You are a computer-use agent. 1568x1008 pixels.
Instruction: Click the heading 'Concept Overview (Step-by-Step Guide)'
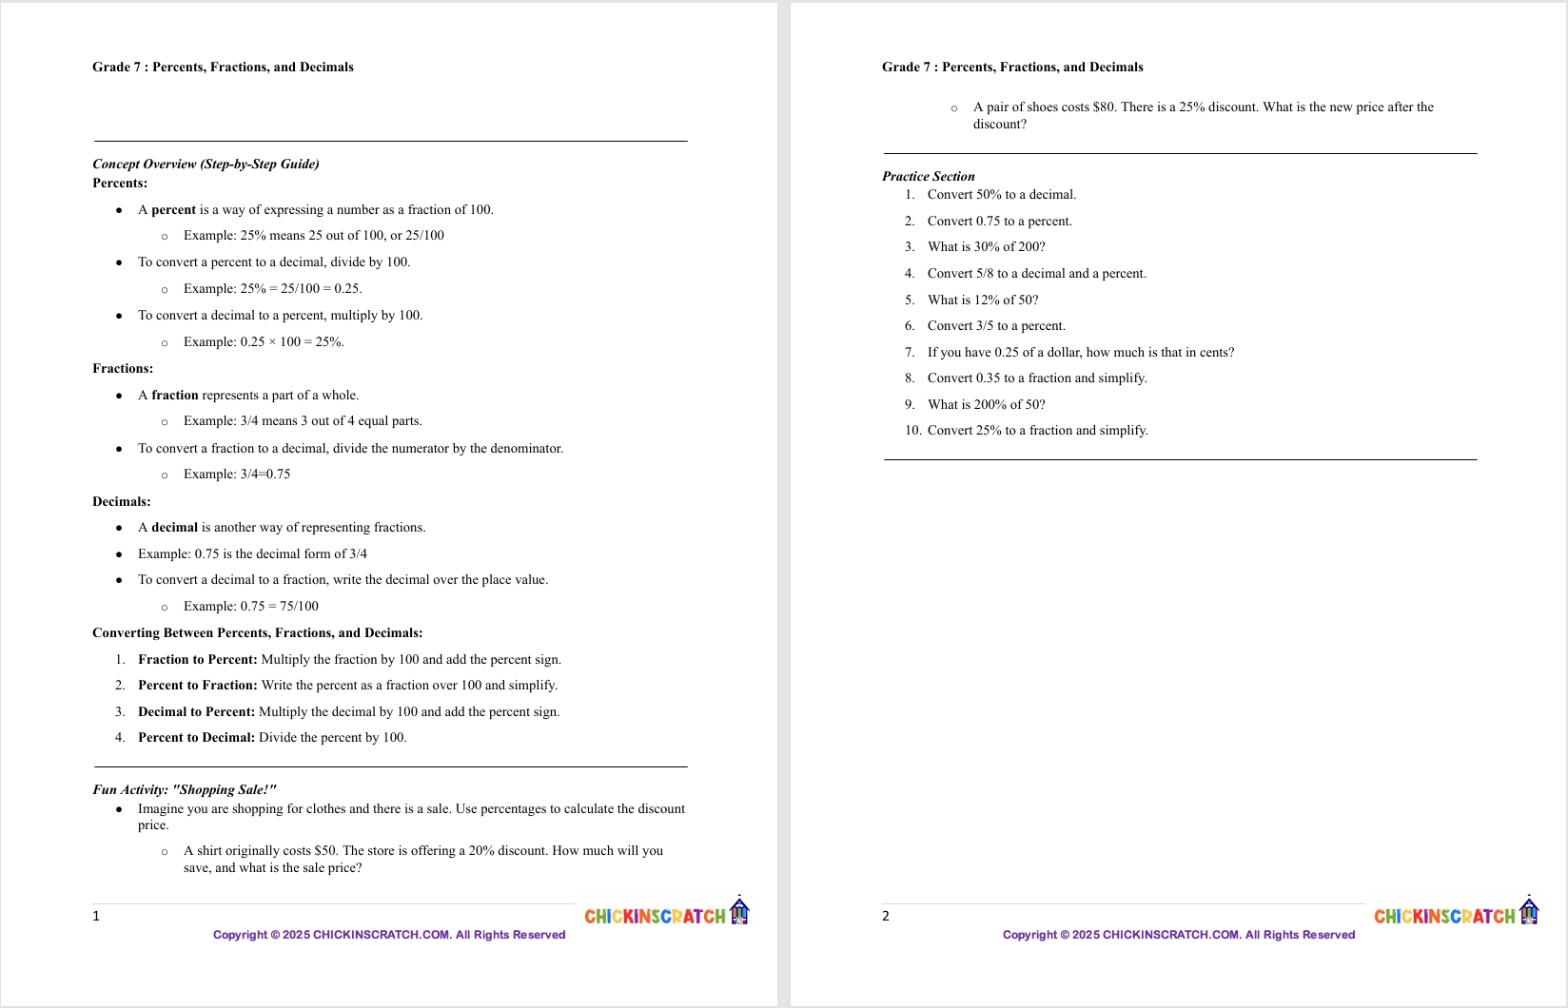click(206, 165)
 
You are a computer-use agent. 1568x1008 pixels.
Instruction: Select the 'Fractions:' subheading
click(123, 369)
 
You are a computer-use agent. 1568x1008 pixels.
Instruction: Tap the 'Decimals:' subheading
click(122, 502)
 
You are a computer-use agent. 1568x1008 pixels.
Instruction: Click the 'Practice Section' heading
click(928, 177)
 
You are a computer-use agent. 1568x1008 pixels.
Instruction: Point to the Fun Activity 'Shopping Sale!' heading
click(185, 790)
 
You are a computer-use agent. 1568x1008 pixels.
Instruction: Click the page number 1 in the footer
click(96, 917)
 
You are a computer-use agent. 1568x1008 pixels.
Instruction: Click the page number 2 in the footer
click(886, 917)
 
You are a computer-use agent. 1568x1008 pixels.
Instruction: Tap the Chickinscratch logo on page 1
click(666, 914)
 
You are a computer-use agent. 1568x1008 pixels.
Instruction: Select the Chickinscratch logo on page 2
click(1456, 914)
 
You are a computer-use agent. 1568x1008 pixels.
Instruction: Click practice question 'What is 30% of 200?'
click(986, 247)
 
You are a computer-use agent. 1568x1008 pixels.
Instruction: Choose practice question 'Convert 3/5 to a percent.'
click(996, 326)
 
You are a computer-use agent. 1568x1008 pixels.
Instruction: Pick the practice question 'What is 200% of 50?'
click(986, 405)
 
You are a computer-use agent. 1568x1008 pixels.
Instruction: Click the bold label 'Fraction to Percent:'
click(197, 660)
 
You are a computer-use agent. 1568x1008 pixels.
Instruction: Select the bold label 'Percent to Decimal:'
click(196, 738)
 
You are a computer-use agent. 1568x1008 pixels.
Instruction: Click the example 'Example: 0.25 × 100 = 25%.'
click(264, 342)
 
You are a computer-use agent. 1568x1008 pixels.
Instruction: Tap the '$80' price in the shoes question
click(1104, 107)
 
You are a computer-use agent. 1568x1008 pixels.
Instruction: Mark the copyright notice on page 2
click(1178, 935)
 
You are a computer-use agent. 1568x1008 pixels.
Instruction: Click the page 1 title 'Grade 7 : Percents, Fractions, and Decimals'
click(223, 68)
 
